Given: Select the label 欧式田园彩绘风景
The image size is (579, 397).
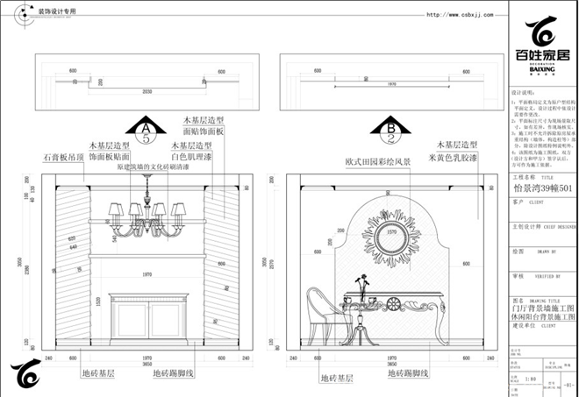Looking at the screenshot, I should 377,161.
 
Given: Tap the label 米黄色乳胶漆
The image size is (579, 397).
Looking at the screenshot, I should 453,158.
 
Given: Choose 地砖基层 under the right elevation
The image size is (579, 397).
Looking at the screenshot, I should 336,379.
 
